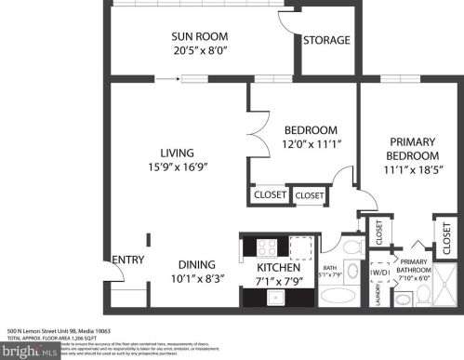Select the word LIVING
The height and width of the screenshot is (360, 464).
point(175,153)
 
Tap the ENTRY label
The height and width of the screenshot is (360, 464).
point(126,260)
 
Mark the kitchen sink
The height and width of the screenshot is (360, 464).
point(276,297)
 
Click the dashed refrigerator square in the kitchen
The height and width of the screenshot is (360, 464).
point(302,247)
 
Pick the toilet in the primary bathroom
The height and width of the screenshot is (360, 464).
point(424,297)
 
